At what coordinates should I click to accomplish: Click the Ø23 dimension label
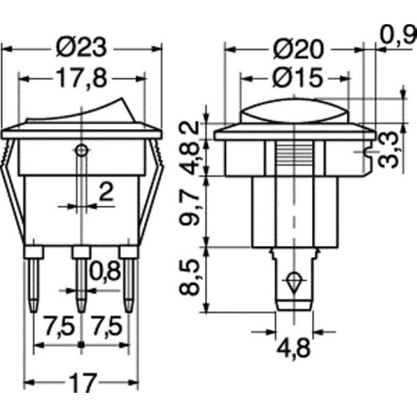tap(81, 48)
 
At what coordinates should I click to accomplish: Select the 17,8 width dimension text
tap(82, 78)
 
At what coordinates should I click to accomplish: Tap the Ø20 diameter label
tap(299, 49)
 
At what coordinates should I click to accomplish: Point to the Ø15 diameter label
tap(299, 77)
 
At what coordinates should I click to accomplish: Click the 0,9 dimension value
tap(399, 35)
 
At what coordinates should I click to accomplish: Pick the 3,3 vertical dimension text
tap(389, 150)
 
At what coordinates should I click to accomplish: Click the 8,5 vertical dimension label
tap(189, 277)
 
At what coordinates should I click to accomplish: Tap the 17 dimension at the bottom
tap(83, 382)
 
